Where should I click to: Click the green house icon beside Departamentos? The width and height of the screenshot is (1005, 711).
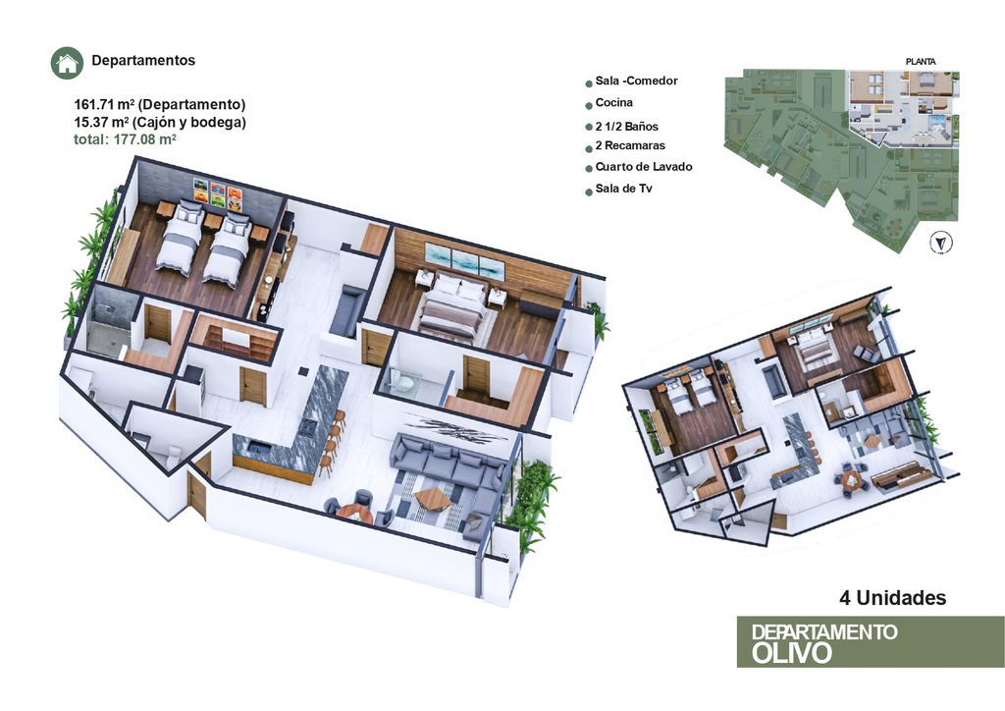click(x=68, y=64)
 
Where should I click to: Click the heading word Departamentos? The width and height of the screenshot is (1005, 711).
click(x=143, y=60)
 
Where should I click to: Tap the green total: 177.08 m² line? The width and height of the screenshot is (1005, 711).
click(x=125, y=139)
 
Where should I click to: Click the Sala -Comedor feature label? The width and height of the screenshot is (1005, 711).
click(x=636, y=81)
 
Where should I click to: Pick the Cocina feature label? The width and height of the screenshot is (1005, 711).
click(x=614, y=102)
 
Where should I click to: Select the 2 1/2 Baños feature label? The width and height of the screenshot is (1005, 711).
click(x=627, y=127)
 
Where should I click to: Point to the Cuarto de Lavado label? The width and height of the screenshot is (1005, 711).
click(x=644, y=167)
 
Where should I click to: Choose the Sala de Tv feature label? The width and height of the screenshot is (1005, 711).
click(x=623, y=189)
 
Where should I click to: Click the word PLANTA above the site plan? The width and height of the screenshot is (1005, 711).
click(x=921, y=62)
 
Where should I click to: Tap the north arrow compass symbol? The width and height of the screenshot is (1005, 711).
click(x=940, y=243)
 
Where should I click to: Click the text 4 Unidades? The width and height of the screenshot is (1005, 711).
click(x=893, y=597)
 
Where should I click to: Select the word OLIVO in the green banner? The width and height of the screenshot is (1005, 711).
click(x=792, y=653)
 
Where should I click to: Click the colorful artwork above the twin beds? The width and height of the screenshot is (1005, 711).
click(x=219, y=194)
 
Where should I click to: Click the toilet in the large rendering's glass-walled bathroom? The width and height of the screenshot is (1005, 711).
click(x=403, y=382)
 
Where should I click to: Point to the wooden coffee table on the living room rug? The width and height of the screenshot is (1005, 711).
click(x=432, y=498)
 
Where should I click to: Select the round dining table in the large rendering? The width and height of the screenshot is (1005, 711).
click(x=353, y=514)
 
